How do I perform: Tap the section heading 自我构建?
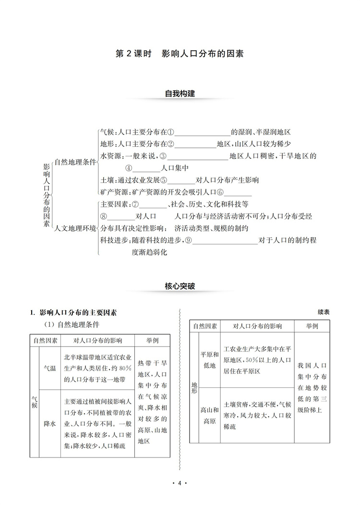[180, 94]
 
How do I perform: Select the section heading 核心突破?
[180, 287]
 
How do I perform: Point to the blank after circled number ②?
[198, 144]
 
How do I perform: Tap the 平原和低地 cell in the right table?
[209, 360]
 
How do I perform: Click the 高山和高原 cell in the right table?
[209, 414]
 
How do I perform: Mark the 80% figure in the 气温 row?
[125, 368]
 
